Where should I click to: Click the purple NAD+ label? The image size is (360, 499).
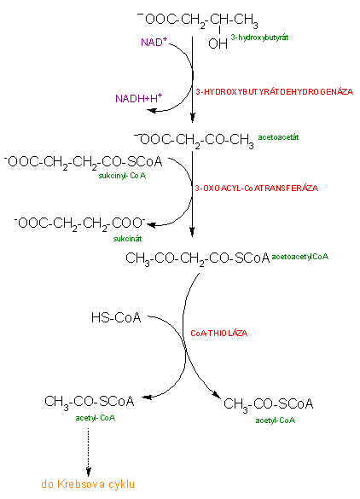(x=154, y=42)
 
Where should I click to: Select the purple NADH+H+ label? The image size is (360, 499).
(x=139, y=98)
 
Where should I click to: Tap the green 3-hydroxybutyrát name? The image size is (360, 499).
(x=259, y=38)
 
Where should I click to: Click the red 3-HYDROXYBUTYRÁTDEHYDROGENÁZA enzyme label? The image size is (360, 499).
(x=275, y=91)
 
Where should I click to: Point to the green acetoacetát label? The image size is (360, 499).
(x=278, y=137)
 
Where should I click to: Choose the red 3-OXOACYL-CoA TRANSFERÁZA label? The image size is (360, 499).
(x=257, y=188)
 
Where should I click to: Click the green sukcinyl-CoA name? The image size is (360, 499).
(x=122, y=176)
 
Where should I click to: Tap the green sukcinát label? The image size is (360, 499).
(x=127, y=238)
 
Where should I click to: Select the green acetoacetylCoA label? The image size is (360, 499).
(x=299, y=257)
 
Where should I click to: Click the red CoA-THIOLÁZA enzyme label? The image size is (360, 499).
(x=218, y=333)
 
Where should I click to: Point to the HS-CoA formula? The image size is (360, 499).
(x=116, y=317)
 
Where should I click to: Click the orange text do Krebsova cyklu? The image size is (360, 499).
(x=88, y=484)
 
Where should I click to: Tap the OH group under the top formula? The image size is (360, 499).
(x=218, y=44)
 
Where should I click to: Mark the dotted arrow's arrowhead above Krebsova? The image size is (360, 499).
(x=89, y=471)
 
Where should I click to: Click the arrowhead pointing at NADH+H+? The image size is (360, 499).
(x=151, y=110)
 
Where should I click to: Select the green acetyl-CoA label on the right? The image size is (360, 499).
(x=276, y=421)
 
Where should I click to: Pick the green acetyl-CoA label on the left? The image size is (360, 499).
(x=96, y=418)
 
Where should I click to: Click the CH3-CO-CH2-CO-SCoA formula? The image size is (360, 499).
(x=198, y=258)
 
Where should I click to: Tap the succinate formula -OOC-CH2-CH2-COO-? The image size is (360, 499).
(x=79, y=223)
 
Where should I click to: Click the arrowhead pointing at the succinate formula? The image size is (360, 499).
(x=151, y=224)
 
